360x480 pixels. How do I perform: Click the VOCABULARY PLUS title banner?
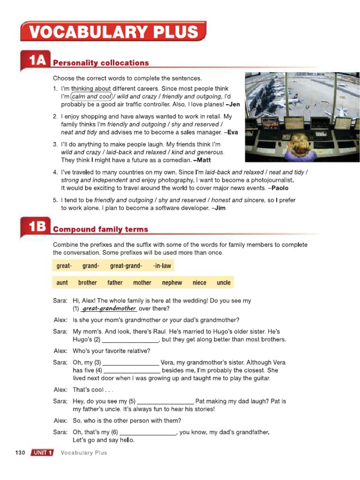(x=113, y=32)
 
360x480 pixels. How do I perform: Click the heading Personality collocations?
(x=101, y=63)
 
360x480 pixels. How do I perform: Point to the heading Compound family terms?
(x=100, y=229)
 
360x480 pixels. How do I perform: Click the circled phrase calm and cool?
(x=92, y=97)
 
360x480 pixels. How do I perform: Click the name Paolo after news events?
(x=279, y=188)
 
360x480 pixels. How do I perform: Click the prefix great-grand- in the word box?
(x=126, y=266)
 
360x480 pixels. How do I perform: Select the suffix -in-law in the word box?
(x=162, y=266)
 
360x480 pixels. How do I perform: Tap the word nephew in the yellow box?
(x=172, y=283)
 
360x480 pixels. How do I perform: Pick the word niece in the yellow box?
(x=199, y=283)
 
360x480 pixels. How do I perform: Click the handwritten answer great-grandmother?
(x=109, y=308)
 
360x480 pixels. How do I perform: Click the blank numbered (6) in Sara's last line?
(x=148, y=432)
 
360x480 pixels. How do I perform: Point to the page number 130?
(x=20, y=453)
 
